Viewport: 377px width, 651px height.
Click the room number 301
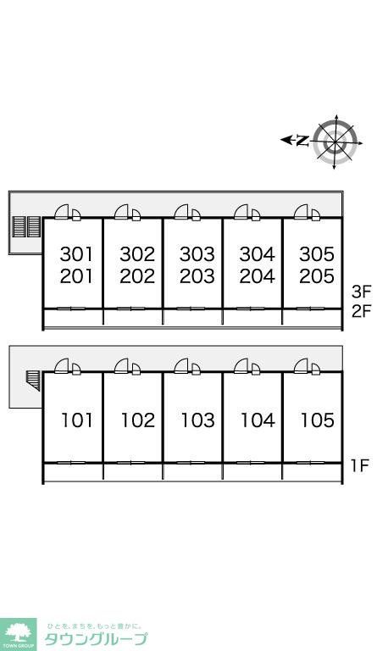(x=77, y=254)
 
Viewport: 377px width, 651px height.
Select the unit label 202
(x=137, y=276)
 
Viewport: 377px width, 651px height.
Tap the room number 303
(x=197, y=254)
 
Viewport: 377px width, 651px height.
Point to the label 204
(x=258, y=276)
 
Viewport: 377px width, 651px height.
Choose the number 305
(x=317, y=254)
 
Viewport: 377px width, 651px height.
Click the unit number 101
(x=77, y=420)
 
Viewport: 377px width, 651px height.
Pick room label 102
(x=138, y=420)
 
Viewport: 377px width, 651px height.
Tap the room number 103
(x=198, y=420)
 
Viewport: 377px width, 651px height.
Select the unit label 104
(x=258, y=420)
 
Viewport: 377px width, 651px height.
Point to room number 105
(x=318, y=420)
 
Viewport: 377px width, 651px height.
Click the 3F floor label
(x=360, y=292)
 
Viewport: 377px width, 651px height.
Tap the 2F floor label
(x=360, y=311)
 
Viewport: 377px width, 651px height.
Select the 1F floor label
(x=360, y=465)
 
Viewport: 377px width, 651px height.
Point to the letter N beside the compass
(x=303, y=142)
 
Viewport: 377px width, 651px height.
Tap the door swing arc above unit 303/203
(x=181, y=212)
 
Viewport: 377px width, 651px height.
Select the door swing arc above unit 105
(x=301, y=366)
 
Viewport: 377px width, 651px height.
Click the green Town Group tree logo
(x=19, y=634)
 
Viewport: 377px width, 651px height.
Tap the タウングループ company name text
(x=96, y=639)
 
